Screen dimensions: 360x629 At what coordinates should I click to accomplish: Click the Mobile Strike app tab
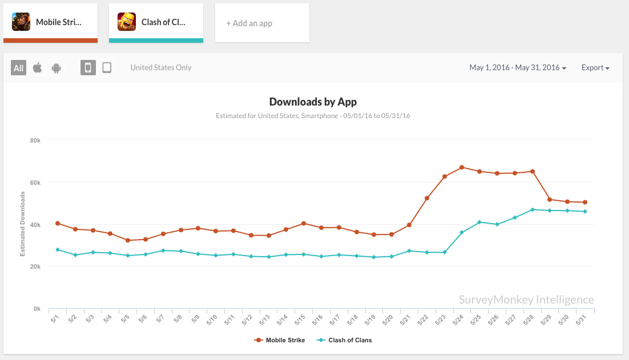(50, 22)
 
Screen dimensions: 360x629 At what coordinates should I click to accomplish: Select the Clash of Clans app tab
(156, 22)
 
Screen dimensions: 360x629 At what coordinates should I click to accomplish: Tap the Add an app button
(262, 23)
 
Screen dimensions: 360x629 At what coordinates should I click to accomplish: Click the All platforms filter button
(19, 68)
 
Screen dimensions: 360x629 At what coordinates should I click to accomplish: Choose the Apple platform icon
(38, 68)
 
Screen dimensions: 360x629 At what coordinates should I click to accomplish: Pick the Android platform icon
(56, 68)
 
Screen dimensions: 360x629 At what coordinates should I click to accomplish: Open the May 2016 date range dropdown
(518, 68)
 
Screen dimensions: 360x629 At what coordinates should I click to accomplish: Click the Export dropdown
(595, 68)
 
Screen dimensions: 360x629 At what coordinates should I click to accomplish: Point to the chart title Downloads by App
(313, 102)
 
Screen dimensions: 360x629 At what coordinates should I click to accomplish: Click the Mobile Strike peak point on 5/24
(462, 167)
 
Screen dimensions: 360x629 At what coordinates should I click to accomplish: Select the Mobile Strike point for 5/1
(58, 223)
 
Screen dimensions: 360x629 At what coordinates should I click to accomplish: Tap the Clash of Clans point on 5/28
(533, 209)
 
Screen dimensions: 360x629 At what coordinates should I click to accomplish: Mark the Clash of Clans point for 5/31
(585, 212)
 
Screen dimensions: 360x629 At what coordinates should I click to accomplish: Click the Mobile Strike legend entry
(280, 340)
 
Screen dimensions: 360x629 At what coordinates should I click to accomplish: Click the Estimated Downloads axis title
(23, 224)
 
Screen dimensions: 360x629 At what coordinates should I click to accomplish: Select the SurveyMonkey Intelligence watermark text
(526, 300)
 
